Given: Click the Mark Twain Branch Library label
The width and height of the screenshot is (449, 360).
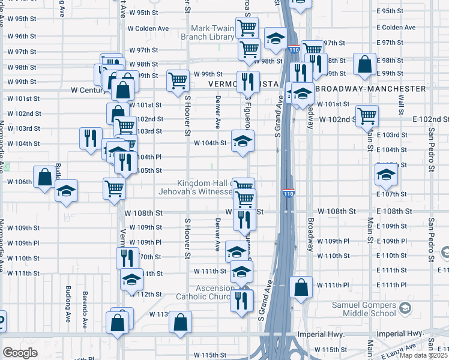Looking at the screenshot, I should (x=208, y=32).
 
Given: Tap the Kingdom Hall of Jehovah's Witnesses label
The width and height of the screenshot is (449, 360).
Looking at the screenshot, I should (x=204, y=188).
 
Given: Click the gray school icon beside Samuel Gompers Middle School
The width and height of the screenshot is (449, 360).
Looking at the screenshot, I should (x=406, y=308).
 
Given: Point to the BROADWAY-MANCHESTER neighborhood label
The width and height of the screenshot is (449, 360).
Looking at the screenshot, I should (x=370, y=89).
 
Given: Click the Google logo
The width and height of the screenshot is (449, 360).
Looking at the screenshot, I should (x=20, y=353).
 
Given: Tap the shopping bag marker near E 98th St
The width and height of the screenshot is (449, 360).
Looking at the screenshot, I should (x=364, y=65).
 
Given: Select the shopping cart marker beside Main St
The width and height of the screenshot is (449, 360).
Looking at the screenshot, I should (x=367, y=115).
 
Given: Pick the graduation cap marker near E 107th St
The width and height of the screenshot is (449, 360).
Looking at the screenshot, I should (x=387, y=175).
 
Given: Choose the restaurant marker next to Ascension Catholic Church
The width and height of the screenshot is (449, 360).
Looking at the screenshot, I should (x=242, y=299).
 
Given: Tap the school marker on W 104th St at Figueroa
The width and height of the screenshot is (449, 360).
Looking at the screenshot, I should (x=243, y=142).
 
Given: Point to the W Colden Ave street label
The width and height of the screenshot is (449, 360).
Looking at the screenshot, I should (x=147, y=28).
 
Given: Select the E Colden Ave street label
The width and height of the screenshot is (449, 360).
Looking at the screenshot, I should (x=396, y=28).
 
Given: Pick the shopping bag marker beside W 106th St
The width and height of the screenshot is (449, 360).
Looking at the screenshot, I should (x=45, y=177).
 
